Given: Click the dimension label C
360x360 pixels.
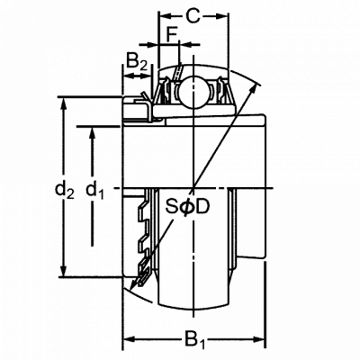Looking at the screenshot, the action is click(193, 16).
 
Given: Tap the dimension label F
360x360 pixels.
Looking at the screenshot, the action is click(172, 35).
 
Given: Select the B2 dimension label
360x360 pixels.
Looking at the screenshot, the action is click(137, 60).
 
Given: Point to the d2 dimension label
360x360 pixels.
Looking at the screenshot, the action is click(64, 191).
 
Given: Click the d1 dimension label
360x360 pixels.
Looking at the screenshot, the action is click(94, 191).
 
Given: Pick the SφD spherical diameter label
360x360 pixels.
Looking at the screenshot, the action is click(187, 207).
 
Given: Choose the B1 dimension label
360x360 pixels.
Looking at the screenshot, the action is click(194, 340).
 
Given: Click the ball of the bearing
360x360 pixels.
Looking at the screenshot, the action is click(193, 93).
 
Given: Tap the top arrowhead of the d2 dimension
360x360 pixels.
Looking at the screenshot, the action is click(63, 104).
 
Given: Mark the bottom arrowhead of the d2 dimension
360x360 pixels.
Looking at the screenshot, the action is click(63, 269).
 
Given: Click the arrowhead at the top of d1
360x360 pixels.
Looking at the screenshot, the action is click(93, 134).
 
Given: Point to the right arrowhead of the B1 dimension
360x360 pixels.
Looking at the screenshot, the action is click(258, 339).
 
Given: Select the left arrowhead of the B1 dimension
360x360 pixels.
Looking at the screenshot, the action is click(130, 339).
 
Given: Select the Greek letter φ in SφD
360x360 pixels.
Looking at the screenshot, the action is click(187, 207).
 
